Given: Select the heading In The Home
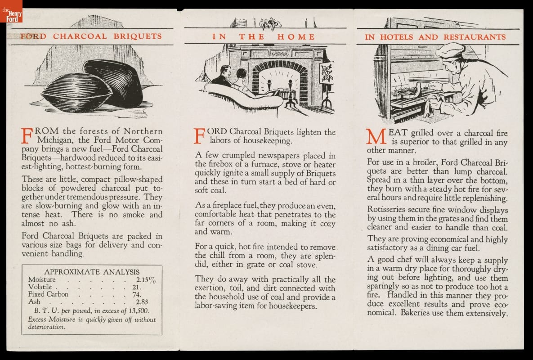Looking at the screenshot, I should click(x=264, y=37).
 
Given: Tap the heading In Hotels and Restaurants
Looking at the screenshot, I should click(x=435, y=37).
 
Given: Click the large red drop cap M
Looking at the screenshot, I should click(x=375, y=137).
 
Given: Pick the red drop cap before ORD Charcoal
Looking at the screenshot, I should click(x=200, y=135).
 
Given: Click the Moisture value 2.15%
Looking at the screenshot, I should click(x=146, y=280).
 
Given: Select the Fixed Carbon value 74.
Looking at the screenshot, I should click(x=137, y=294).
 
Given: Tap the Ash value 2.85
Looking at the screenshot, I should click(x=142, y=302).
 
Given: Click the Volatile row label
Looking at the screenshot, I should click(x=40, y=287).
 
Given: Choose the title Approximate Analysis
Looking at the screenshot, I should click(x=92, y=272).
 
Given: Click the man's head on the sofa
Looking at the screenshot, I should click(x=226, y=72).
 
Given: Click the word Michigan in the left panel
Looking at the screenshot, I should click(x=59, y=140).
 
